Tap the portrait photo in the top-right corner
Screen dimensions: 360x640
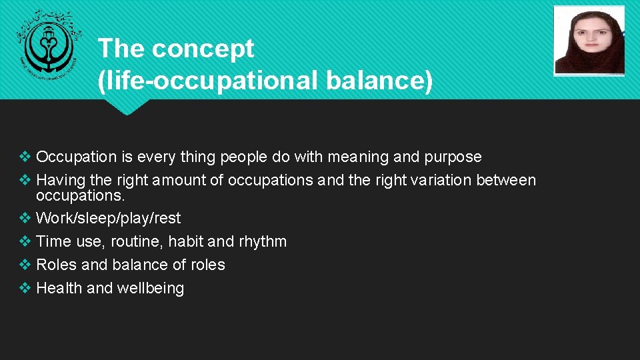coord(589,41)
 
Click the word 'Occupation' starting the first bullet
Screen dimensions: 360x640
coord(76,157)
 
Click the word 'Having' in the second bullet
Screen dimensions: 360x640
coord(59,181)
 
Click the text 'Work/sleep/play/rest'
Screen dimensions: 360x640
coord(108,219)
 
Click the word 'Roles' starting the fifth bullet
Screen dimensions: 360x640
coord(56,265)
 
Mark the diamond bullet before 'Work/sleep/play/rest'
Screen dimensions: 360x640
coord(25,219)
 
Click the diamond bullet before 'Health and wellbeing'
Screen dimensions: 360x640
coord(25,289)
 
